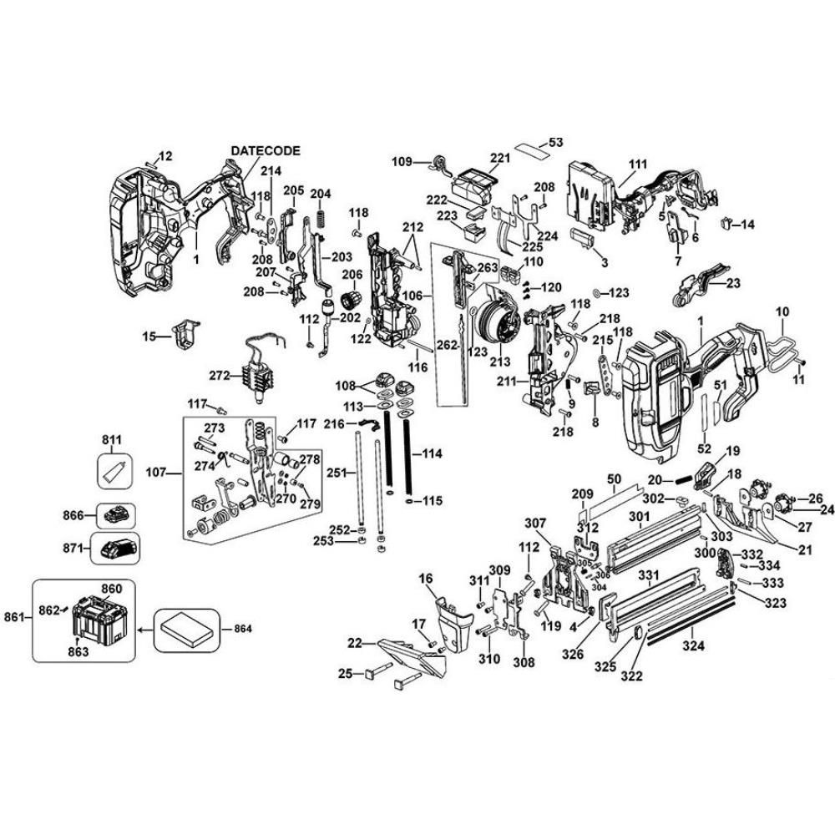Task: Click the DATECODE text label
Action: [265, 150]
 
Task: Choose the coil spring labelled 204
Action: [320, 222]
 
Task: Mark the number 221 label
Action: [500, 159]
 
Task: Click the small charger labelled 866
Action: [116, 514]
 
